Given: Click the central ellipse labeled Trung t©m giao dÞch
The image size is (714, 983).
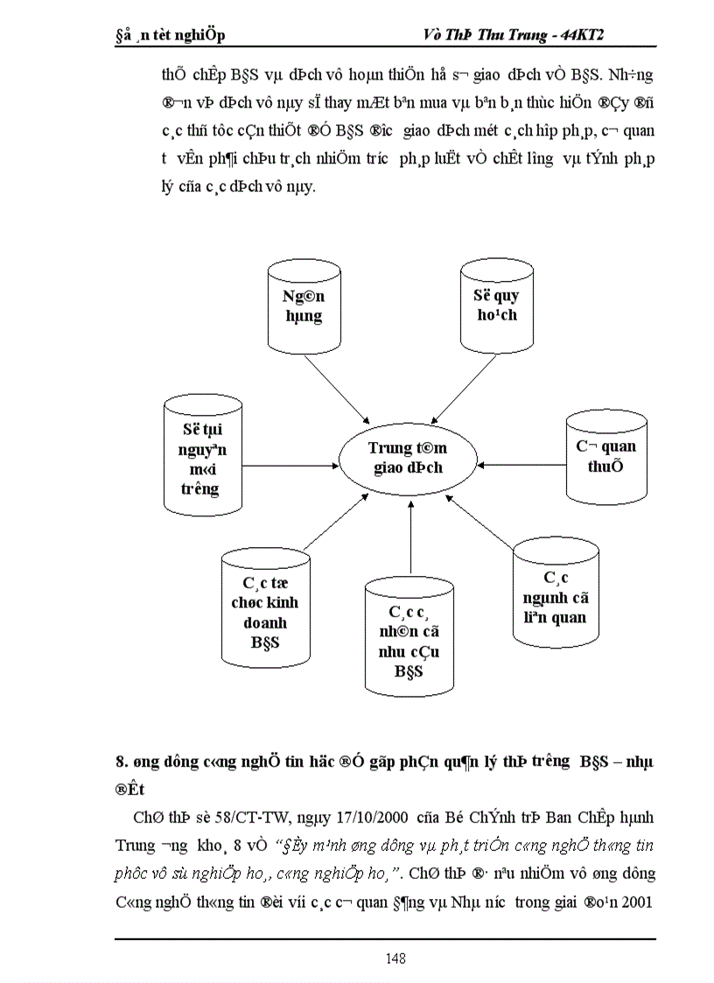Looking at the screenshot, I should [x=409, y=457].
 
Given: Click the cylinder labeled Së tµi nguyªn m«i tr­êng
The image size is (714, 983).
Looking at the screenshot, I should [x=199, y=457].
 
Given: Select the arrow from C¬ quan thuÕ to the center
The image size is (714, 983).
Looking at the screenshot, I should [x=521, y=456].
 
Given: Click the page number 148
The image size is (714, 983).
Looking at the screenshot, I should [x=395, y=958].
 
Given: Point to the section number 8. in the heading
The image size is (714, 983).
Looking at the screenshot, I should [x=121, y=762].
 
